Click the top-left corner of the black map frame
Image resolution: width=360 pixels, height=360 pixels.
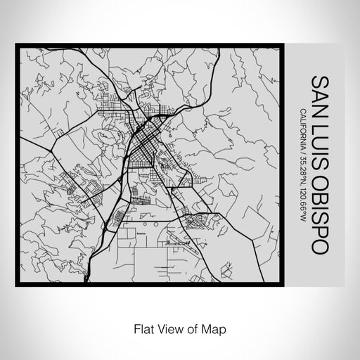(16, 44)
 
